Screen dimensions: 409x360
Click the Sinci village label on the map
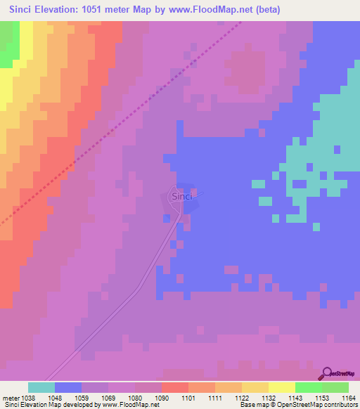pyautogui.click(x=181, y=197)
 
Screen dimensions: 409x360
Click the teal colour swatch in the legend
pyautogui.click(x=41, y=387)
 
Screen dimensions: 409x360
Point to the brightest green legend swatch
pyautogui.click(x=309, y=387)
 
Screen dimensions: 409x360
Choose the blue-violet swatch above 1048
pyautogui.click(x=68, y=387)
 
